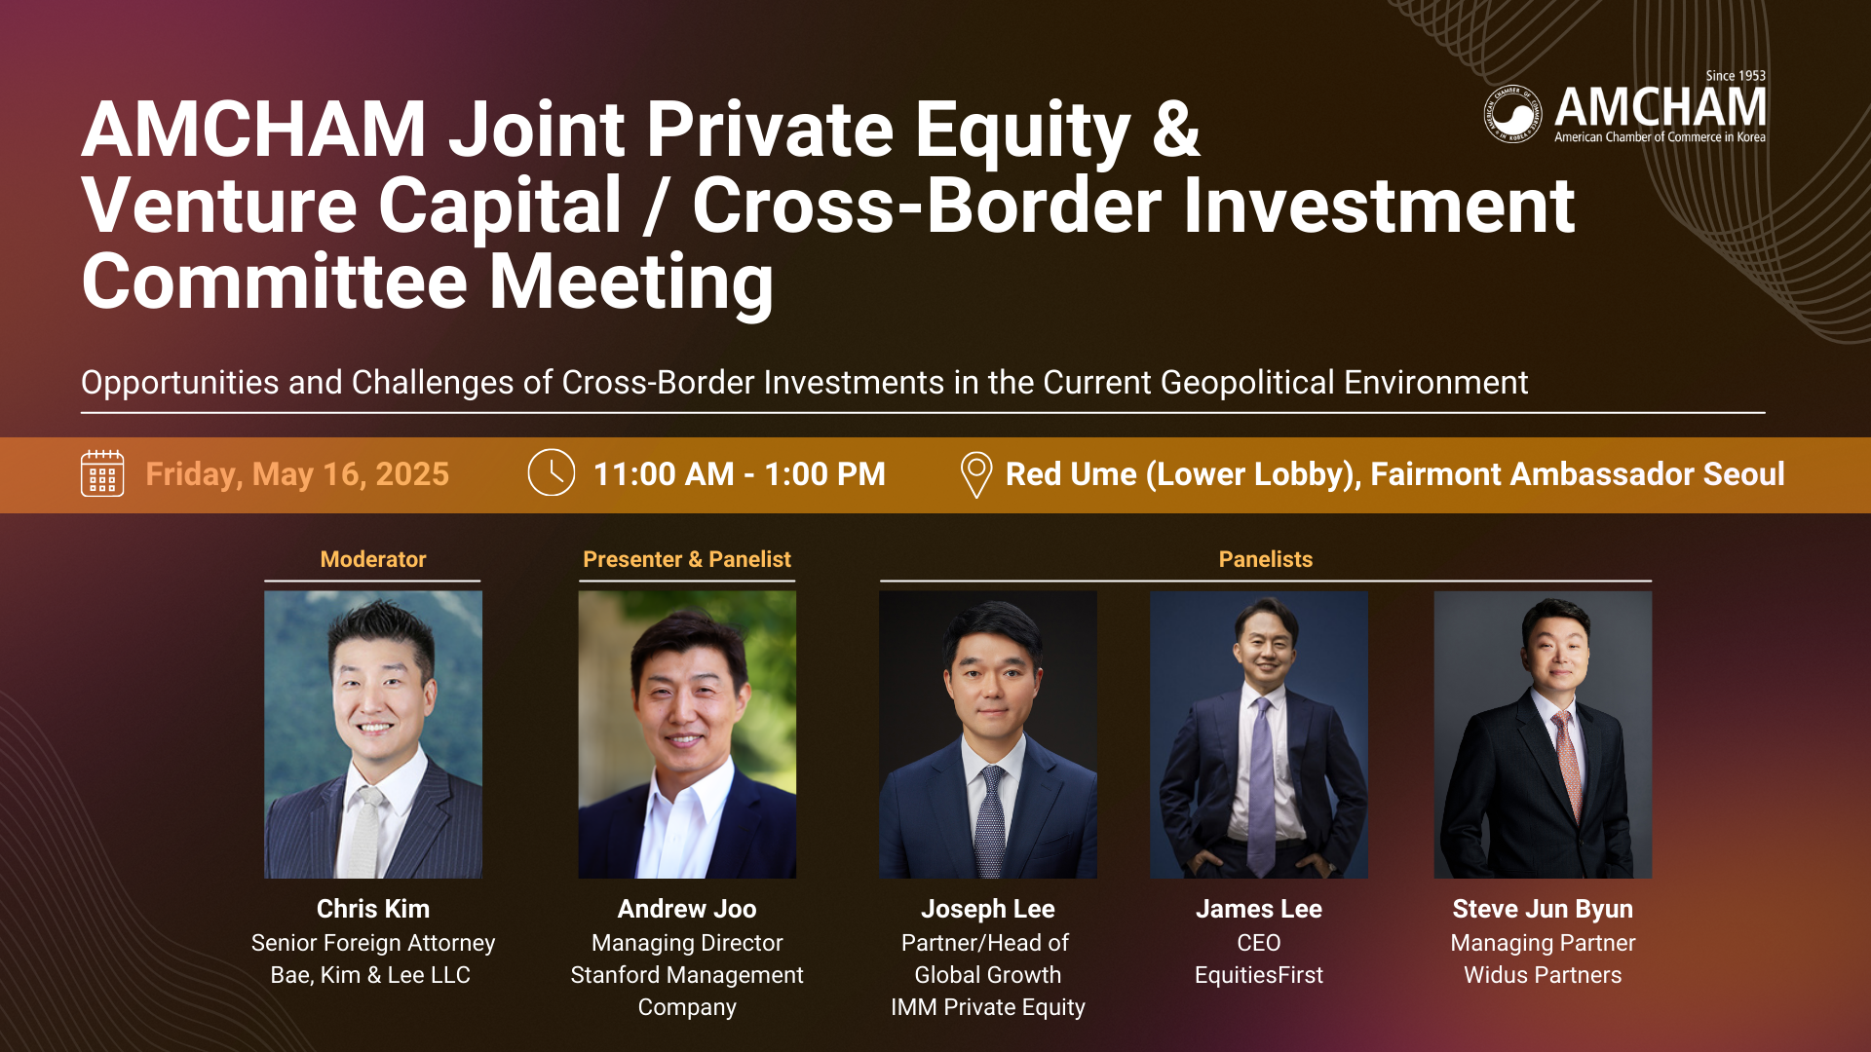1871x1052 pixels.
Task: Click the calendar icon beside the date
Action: (x=102, y=473)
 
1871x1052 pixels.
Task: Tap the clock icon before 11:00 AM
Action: (x=552, y=472)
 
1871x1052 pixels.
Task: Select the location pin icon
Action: (x=975, y=475)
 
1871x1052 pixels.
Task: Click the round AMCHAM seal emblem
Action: (x=1512, y=114)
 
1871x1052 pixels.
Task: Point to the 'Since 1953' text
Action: (x=1736, y=76)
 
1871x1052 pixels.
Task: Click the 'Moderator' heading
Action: (x=373, y=559)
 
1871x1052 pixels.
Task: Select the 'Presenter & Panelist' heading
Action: (x=687, y=559)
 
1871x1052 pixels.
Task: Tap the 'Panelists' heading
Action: (x=1266, y=559)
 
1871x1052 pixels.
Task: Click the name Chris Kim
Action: (x=373, y=909)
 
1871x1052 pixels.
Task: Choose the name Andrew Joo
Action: (x=687, y=909)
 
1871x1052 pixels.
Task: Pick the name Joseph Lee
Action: (x=988, y=909)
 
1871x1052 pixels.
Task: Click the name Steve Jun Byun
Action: (x=1543, y=909)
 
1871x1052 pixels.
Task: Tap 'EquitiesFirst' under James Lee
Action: (x=1259, y=975)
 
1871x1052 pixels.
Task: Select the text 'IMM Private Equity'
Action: (x=988, y=1007)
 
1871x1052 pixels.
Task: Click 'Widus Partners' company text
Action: (x=1543, y=975)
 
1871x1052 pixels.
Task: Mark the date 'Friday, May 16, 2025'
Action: (x=297, y=474)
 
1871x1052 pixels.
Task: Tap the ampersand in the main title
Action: (x=1176, y=129)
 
